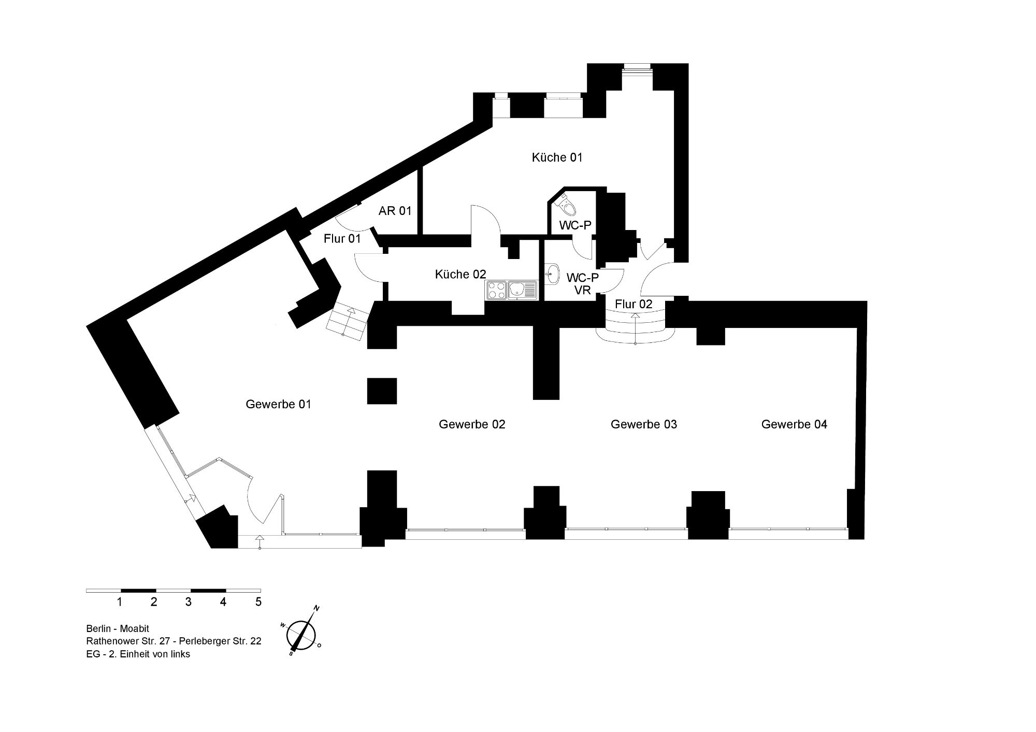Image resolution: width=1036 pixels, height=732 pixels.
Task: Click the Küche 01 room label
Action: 557,157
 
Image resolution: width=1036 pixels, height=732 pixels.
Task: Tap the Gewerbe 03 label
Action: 644,424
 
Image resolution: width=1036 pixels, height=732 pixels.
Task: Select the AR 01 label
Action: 395,211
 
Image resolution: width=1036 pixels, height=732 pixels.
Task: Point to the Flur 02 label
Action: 634,304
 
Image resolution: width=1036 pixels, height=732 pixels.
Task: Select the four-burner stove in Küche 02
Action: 496,290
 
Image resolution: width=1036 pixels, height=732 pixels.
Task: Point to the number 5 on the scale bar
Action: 258,602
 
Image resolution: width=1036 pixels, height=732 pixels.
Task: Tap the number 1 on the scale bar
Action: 120,602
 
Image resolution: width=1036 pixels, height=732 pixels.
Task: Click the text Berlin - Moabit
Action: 118,629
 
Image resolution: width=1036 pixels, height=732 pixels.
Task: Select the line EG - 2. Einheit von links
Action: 138,654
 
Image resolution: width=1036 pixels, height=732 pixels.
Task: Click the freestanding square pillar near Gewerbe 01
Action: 382,391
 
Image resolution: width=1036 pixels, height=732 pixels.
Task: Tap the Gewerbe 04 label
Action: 794,424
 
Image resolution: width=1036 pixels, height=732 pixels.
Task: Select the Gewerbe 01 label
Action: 279,404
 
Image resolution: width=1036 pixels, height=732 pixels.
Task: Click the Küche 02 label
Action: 461,275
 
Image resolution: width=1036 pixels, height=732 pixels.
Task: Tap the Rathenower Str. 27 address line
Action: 174,641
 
